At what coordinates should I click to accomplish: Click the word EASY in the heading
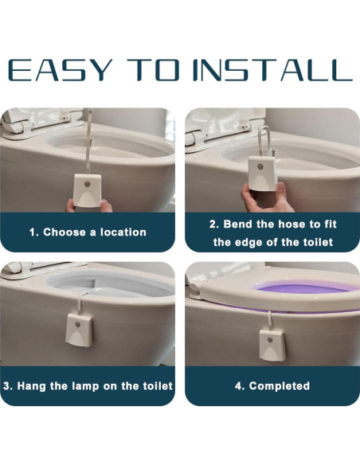point(61,70)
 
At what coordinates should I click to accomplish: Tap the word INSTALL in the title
point(272,70)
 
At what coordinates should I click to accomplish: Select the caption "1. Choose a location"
point(88,232)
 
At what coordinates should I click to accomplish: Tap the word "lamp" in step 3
point(86,386)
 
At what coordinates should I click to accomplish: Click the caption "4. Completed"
point(272,386)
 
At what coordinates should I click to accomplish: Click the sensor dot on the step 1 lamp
point(87,184)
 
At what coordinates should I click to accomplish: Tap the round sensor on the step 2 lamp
point(260,166)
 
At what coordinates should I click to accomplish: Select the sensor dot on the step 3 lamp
point(78,324)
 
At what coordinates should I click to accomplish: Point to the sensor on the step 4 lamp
point(270,340)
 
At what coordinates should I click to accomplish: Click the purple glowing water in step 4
point(305,287)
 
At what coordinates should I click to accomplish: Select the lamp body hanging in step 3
point(79,330)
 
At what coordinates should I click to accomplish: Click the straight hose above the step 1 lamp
point(88,142)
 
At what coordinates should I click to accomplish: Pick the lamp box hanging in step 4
point(272,346)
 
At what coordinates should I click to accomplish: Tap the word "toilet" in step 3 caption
point(158,386)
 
